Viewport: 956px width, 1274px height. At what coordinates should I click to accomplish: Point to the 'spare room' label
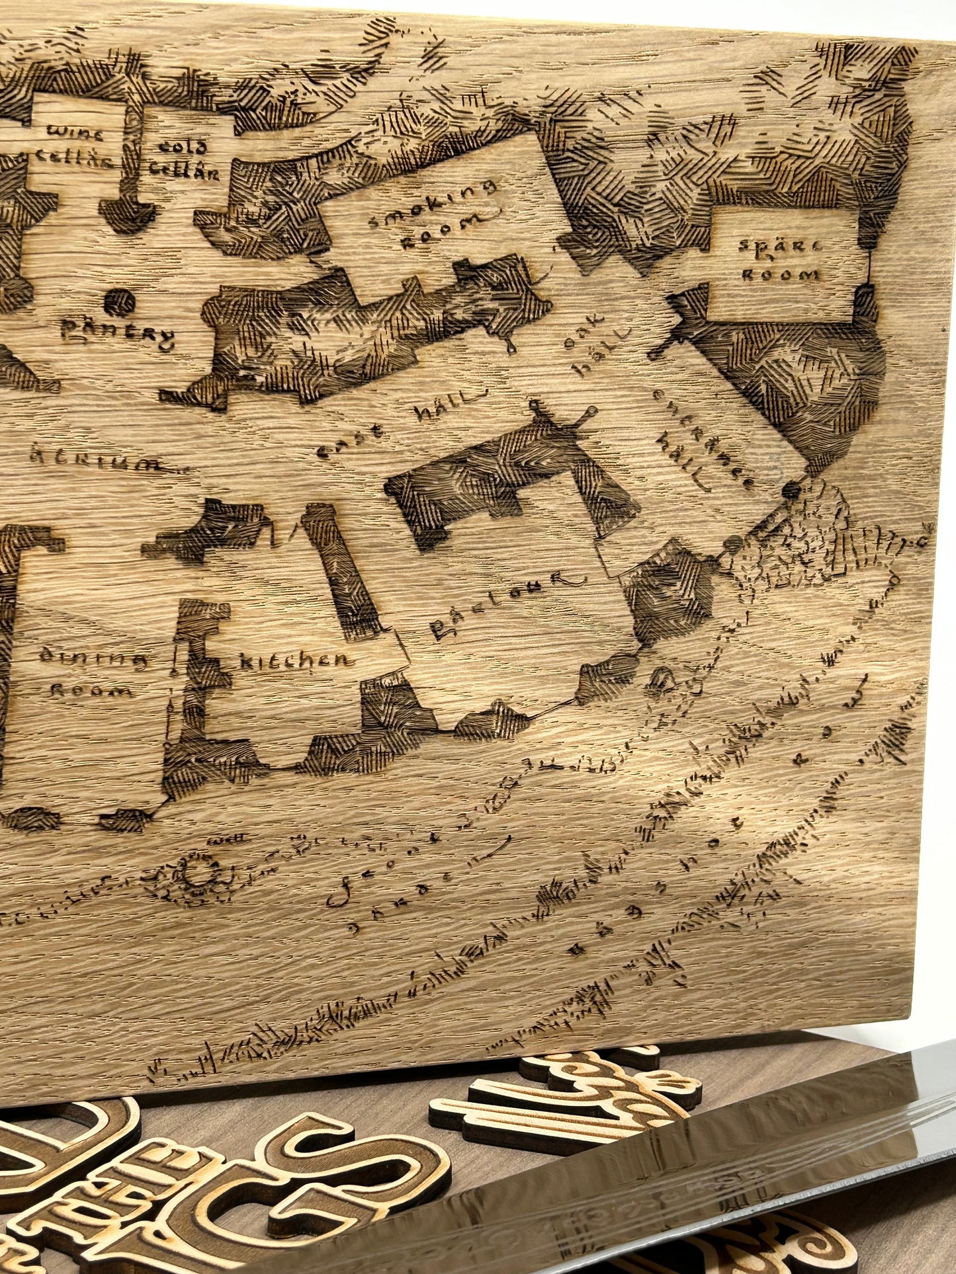click(781, 260)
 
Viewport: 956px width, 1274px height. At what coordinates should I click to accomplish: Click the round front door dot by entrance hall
click(789, 491)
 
